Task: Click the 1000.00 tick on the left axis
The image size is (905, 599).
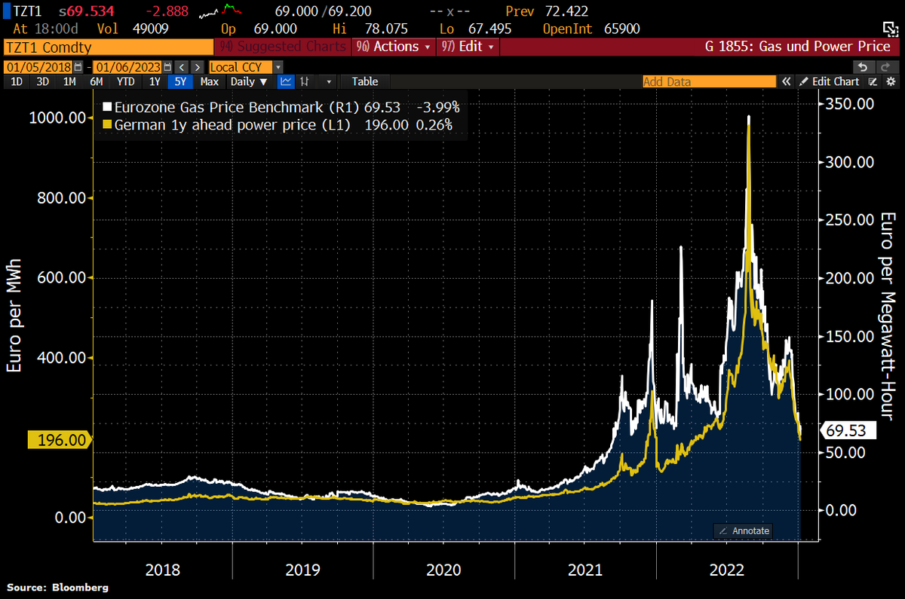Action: [57, 118]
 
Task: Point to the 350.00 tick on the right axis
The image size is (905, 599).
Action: [850, 103]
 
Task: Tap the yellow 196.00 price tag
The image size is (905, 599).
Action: [60, 440]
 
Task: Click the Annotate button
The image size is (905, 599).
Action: [744, 530]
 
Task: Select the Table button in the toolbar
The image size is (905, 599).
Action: [365, 81]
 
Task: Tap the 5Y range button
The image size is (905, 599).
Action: [180, 81]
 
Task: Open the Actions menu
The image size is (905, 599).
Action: [394, 47]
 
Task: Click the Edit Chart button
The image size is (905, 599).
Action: [829, 81]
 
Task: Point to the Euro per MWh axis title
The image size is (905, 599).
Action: [14, 316]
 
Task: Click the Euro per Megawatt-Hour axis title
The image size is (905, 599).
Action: [887, 316]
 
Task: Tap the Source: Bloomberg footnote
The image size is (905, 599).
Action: [58, 587]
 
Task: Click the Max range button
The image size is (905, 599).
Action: [210, 81]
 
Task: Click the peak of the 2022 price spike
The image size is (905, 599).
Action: [748, 117]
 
